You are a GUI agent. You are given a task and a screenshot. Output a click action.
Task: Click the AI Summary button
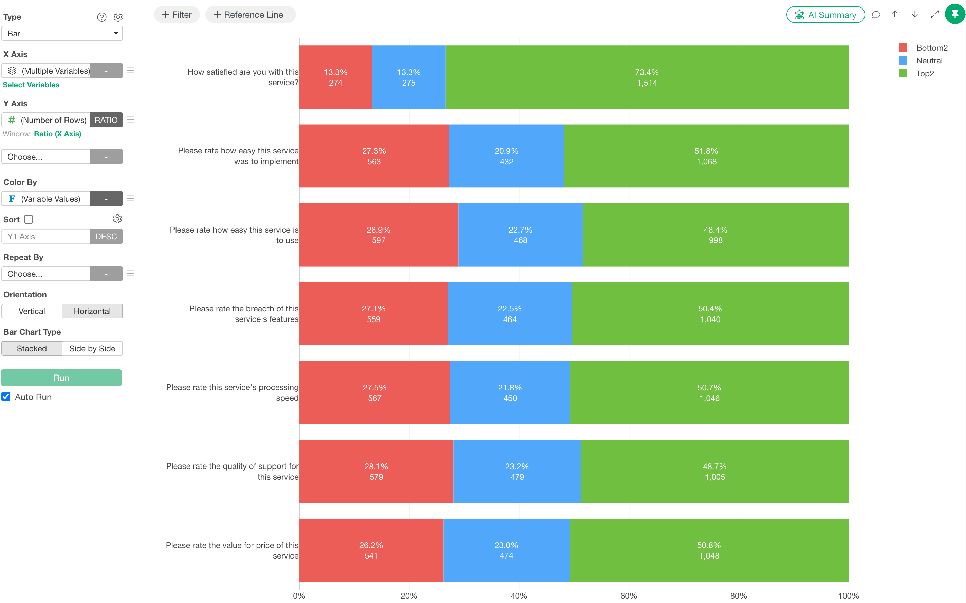click(x=825, y=15)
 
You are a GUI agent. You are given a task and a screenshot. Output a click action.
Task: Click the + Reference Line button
click(x=250, y=15)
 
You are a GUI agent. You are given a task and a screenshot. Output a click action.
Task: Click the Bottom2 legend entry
click(x=923, y=48)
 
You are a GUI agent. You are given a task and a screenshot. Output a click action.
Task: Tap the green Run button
click(x=61, y=378)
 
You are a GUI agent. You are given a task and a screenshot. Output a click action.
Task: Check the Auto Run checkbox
click(x=6, y=397)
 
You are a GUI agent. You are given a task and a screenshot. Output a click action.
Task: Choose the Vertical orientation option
click(x=32, y=311)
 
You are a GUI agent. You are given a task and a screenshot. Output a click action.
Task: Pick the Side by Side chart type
click(x=92, y=349)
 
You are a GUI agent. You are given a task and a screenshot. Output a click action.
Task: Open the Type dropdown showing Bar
click(x=62, y=34)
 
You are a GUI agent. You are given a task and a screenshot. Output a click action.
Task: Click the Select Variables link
click(x=31, y=85)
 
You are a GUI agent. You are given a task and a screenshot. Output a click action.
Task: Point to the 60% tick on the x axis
click(x=629, y=596)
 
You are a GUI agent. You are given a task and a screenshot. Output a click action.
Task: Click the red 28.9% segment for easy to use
click(x=379, y=235)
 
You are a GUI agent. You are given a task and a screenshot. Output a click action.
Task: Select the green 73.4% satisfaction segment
click(x=647, y=77)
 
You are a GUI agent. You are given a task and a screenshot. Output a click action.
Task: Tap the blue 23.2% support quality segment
click(x=517, y=471)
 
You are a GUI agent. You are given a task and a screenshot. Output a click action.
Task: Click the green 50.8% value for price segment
click(x=709, y=550)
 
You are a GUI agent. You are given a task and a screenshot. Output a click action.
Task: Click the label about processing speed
click(x=233, y=392)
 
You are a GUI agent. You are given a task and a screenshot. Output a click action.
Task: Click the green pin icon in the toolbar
click(x=955, y=14)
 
